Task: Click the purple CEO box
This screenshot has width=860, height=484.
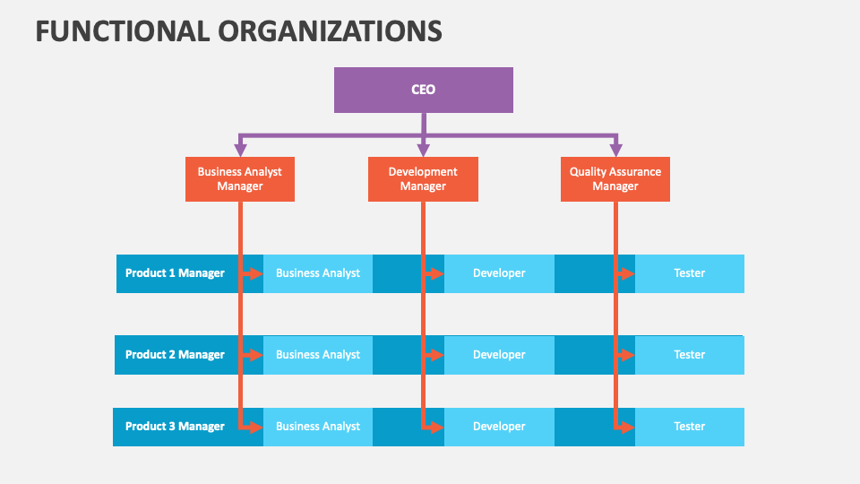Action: tap(423, 90)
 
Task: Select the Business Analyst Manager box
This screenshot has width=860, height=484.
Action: tap(239, 178)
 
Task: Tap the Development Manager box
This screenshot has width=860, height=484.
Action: tap(423, 178)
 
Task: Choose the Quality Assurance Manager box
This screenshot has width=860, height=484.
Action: tap(615, 178)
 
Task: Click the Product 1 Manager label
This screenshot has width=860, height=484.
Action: tap(175, 273)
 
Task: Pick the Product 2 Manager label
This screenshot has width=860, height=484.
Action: tap(175, 355)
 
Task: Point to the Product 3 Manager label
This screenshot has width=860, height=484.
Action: tap(175, 427)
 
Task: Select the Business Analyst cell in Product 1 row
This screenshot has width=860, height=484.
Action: tap(318, 273)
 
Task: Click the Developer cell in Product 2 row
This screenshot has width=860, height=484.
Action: tap(499, 355)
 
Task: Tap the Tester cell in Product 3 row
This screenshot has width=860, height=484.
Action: tap(690, 427)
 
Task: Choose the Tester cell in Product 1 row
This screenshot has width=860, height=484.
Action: tap(690, 273)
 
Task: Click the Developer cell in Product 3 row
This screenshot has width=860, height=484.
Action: tap(499, 427)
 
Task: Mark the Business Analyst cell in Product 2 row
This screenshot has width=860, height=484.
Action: tap(318, 355)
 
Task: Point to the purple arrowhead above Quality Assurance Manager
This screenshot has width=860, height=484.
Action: tap(615, 149)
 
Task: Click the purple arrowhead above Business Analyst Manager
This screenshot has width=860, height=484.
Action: tap(239, 149)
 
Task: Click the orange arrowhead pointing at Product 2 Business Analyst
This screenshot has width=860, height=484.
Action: tap(255, 355)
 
